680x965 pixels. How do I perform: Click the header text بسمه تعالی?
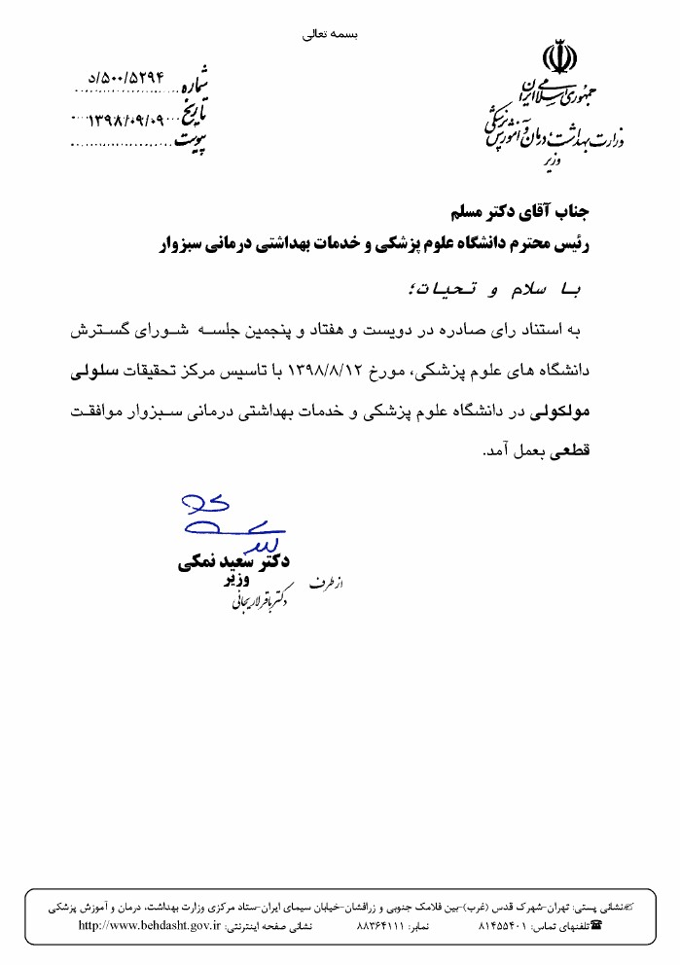click(332, 33)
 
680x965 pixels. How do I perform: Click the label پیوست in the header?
click(193, 141)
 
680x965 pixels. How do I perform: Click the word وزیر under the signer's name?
click(237, 582)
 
